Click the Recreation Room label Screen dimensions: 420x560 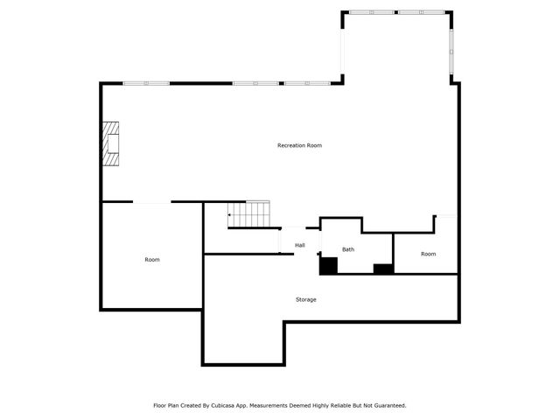coord(299,145)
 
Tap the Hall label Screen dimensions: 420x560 coord(299,245)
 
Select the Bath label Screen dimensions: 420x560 coord(348,249)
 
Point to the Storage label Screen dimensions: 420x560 coord(305,299)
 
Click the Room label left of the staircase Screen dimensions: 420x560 coord(152,260)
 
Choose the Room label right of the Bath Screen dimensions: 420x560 coord(428,254)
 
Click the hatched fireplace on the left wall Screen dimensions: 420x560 coord(110,143)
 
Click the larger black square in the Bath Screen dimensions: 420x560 coord(328,265)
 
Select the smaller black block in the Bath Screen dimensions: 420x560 coord(383,269)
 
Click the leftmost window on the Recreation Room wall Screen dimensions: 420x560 coord(146,83)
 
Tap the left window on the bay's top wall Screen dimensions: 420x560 coord(371,12)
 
